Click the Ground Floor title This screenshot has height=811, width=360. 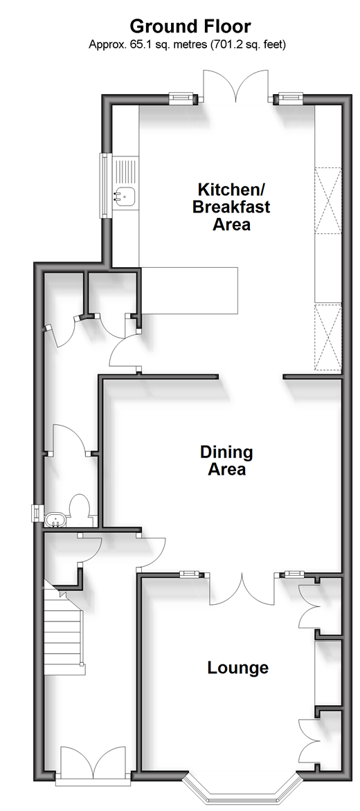(x=190, y=26)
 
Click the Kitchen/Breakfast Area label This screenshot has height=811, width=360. (x=231, y=206)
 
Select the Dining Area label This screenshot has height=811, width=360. (x=226, y=460)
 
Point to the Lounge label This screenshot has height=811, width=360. (x=238, y=668)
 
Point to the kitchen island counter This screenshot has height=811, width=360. (x=189, y=291)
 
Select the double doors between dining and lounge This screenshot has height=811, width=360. (x=242, y=588)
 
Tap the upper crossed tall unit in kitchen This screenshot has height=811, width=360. (x=328, y=199)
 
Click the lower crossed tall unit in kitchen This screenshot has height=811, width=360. (x=328, y=338)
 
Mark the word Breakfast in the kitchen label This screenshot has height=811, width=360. (x=231, y=206)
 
